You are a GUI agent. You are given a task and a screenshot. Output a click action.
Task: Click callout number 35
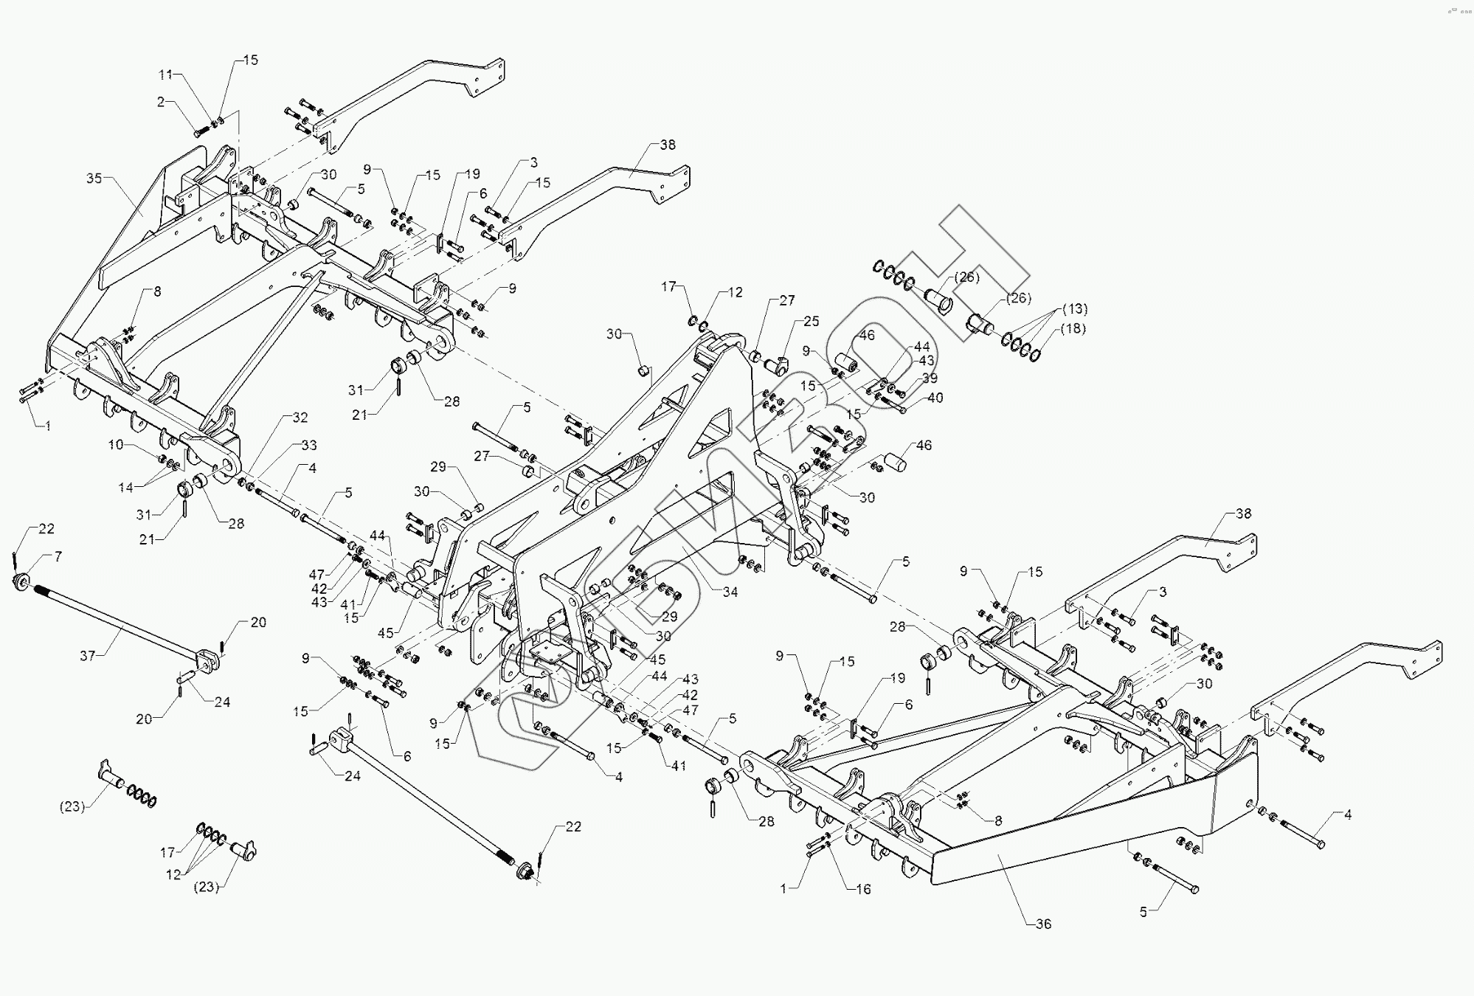click(x=94, y=178)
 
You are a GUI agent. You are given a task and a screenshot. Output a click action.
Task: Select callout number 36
click(x=1043, y=924)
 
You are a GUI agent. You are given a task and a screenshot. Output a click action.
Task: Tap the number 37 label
click(x=88, y=655)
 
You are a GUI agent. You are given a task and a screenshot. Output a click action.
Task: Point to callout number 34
click(x=730, y=592)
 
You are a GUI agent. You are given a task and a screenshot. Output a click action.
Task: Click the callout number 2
click(x=161, y=102)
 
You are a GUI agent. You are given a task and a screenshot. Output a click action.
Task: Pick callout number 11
click(x=166, y=75)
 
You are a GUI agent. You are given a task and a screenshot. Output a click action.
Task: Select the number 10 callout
click(x=117, y=445)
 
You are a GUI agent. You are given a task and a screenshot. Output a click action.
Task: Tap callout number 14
click(x=125, y=487)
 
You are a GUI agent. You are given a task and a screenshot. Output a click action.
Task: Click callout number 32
click(x=300, y=418)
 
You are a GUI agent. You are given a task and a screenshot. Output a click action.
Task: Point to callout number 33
click(x=308, y=445)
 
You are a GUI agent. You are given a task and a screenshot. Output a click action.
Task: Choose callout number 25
click(x=812, y=322)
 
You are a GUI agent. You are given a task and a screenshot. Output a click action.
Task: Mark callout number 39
click(x=930, y=378)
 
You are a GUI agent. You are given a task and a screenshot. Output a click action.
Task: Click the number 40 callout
click(x=935, y=398)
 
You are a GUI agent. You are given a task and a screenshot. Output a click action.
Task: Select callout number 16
click(x=863, y=889)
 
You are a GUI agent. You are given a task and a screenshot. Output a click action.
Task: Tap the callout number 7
click(x=58, y=557)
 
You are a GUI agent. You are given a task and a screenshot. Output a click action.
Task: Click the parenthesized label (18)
click(x=1073, y=328)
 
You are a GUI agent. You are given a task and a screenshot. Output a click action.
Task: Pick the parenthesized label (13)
click(x=1075, y=308)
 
